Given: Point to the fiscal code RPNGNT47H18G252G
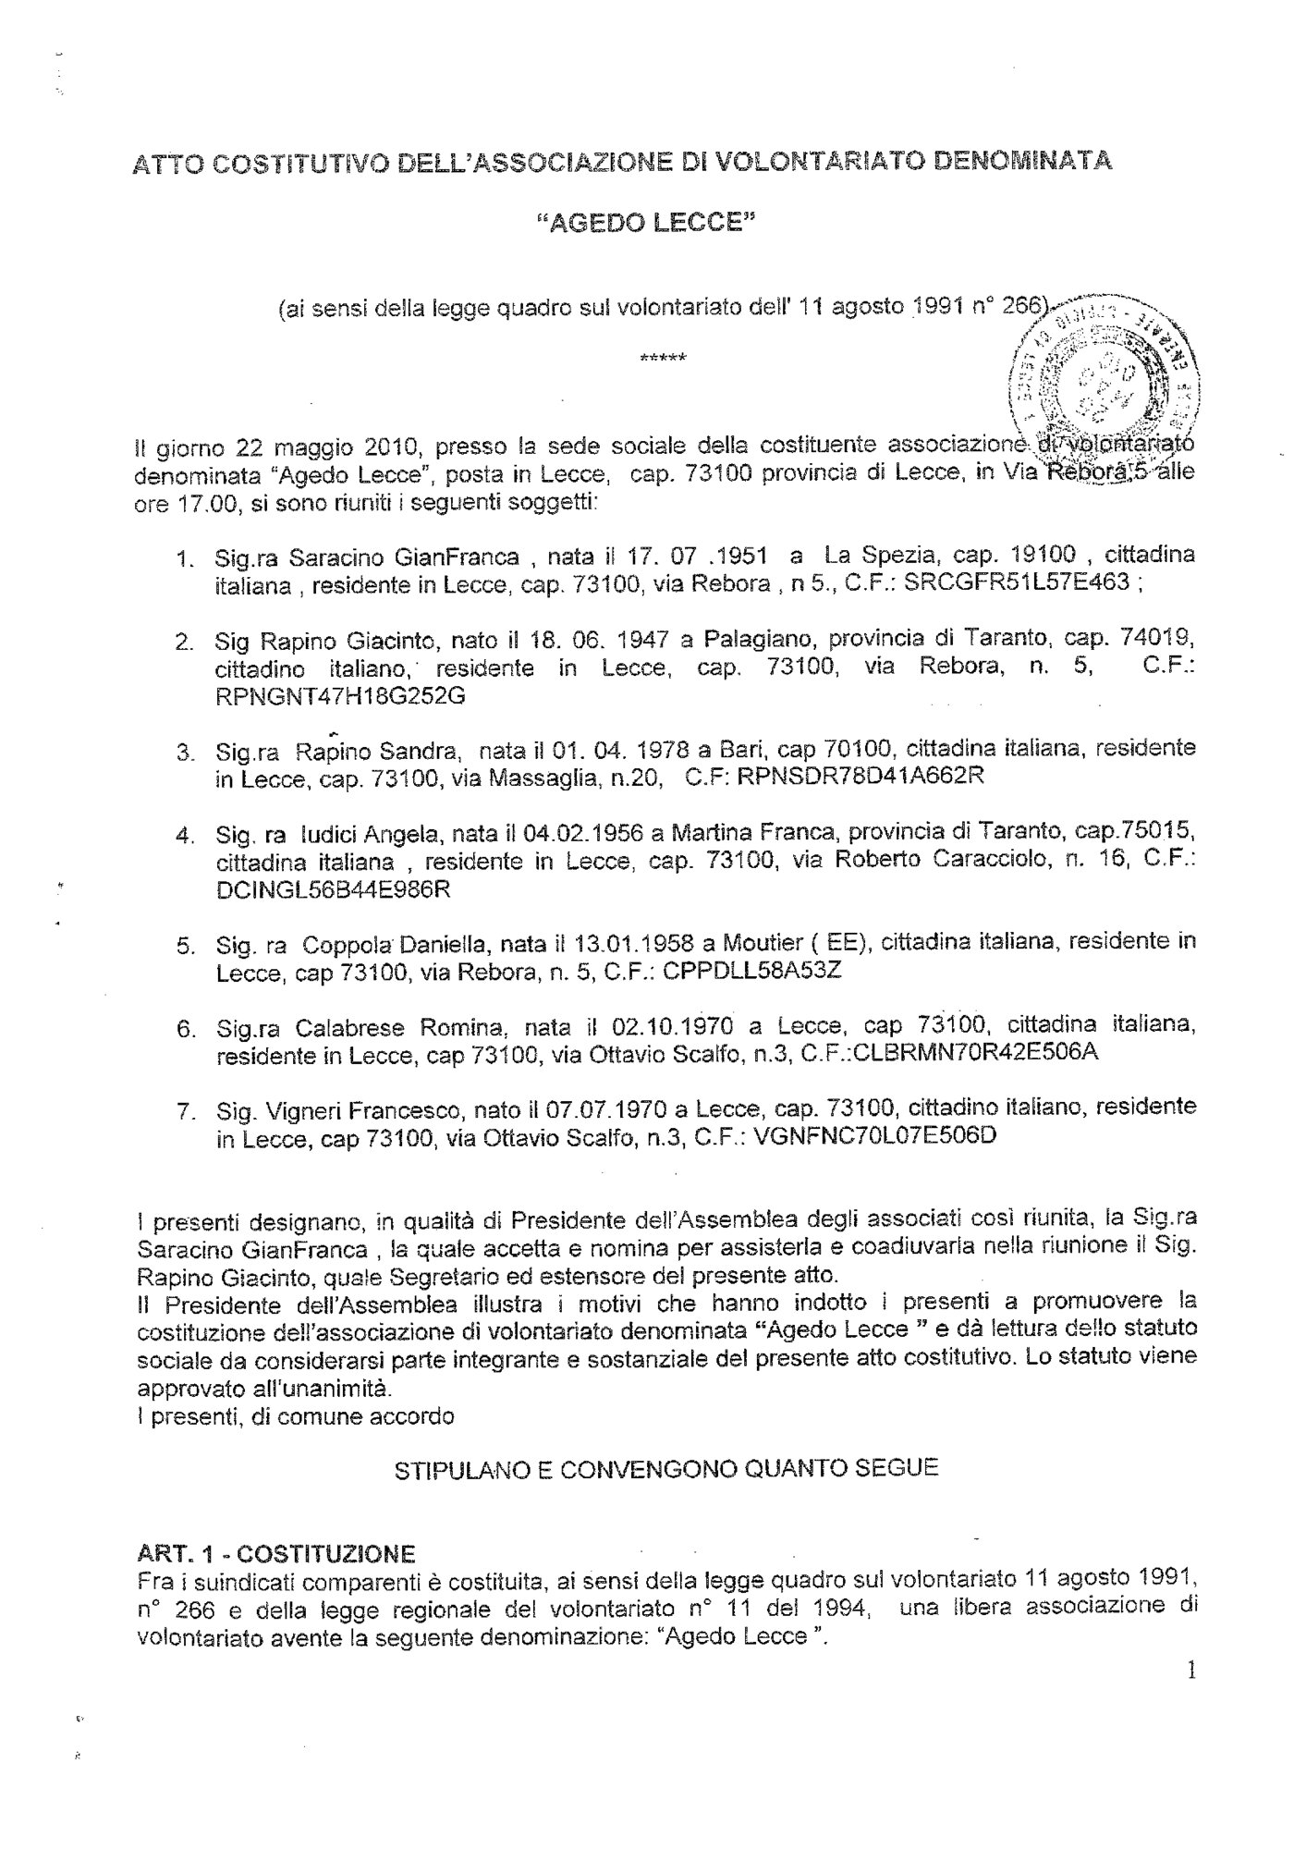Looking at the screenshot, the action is coord(339,696).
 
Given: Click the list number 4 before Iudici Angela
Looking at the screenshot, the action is coord(183,835).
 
